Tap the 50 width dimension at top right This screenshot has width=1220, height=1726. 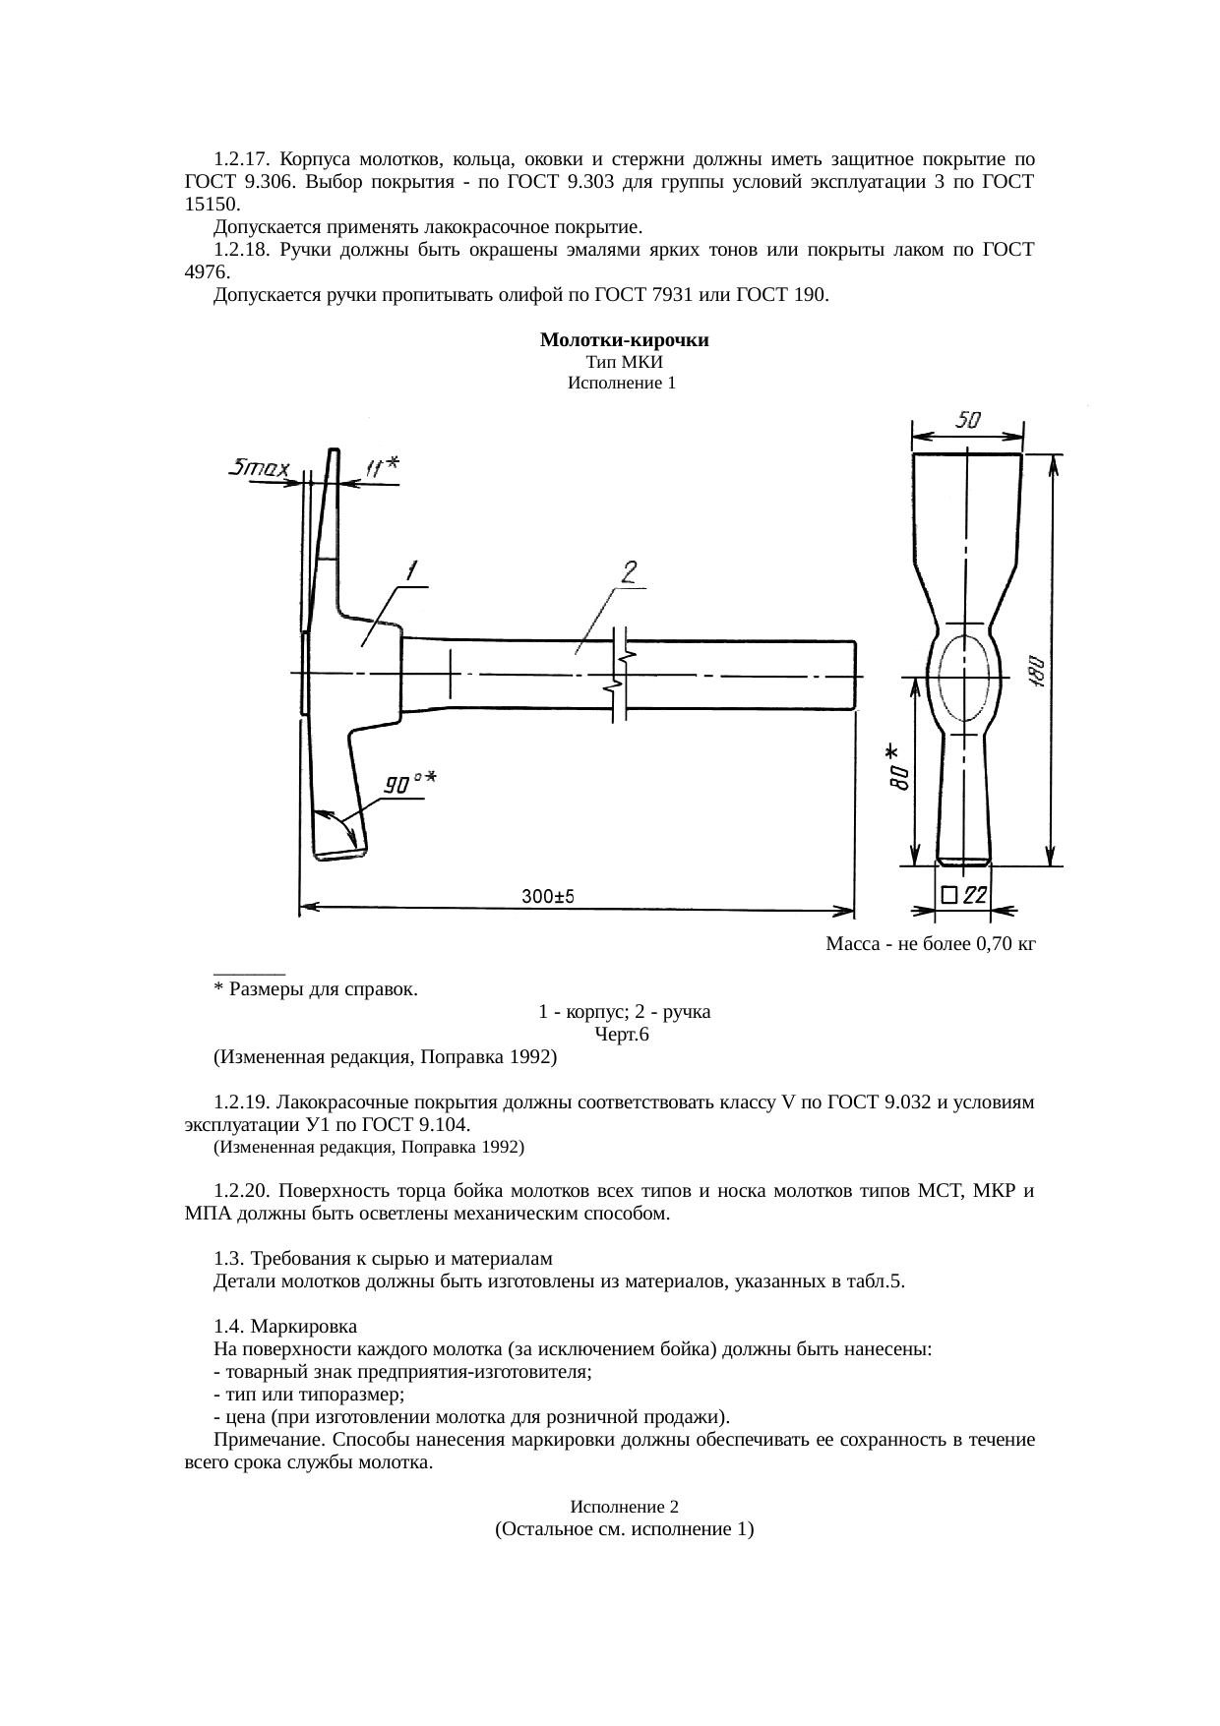coord(968,420)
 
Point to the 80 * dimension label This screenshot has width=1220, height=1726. coord(898,768)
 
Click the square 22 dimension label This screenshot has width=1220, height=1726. coord(964,894)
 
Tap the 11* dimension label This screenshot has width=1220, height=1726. coord(381,467)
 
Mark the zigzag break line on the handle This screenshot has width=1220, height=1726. coord(620,674)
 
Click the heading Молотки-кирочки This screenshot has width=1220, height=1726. coord(625,340)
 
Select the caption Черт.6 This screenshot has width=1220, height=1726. coord(622,1035)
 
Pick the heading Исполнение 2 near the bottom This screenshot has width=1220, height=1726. coord(625,1507)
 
